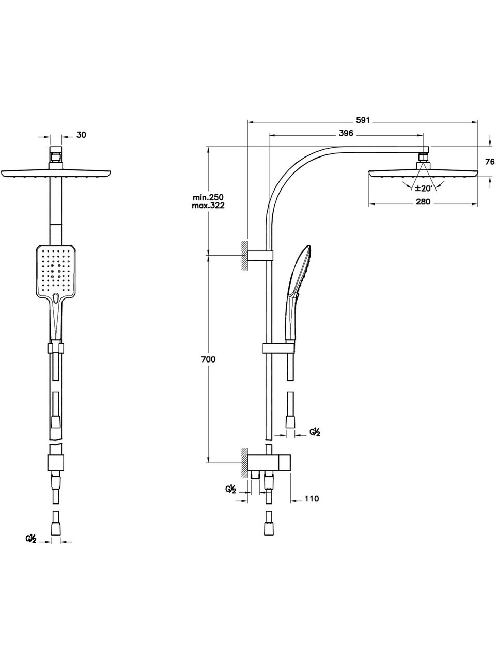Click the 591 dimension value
pyautogui.click(x=363, y=120)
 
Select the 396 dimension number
pyautogui.click(x=346, y=133)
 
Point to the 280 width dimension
pyautogui.click(x=423, y=202)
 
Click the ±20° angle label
pyautogui.click(x=424, y=188)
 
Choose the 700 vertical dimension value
pyautogui.click(x=208, y=359)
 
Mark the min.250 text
pyautogui.click(x=208, y=198)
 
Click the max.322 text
pyautogui.click(x=208, y=206)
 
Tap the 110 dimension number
pyautogui.click(x=311, y=499)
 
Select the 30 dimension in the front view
pyautogui.click(x=81, y=135)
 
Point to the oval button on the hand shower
pyautogui.click(x=55, y=298)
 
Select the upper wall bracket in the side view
pyautogui.click(x=260, y=255)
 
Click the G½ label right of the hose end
pyautogui.click(x=315, y=432)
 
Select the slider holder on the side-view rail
pyautogui.click(x=278, y=348)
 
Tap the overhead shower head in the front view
pyautogui.click(x=56, y=174)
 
